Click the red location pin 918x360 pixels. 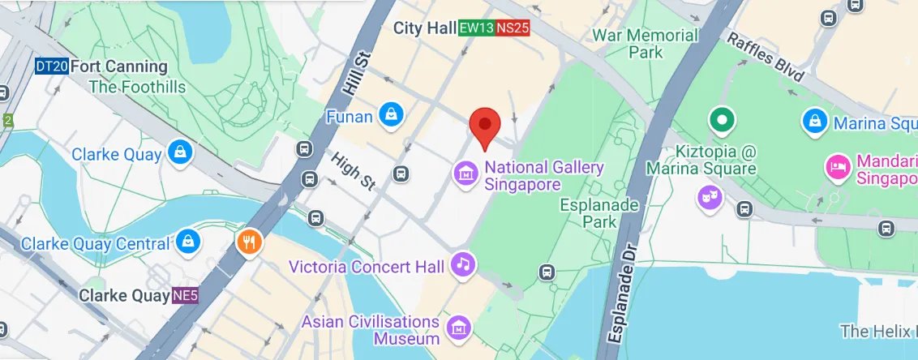point(485,126)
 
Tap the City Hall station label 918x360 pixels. point(425,28)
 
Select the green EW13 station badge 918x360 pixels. point(476,28)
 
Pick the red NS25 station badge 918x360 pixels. point(513,28)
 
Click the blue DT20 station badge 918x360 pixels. point(51,66)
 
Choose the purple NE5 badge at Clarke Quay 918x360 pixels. point(183,296)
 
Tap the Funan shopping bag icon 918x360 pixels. point(391,115)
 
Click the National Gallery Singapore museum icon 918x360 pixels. point(465,173)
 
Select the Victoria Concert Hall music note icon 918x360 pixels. point(463,264)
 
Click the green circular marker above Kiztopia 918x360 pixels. point(720,121)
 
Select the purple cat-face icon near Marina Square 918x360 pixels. point(710,196)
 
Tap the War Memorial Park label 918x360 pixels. point(646,44)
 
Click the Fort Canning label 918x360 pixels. point(118,66)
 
